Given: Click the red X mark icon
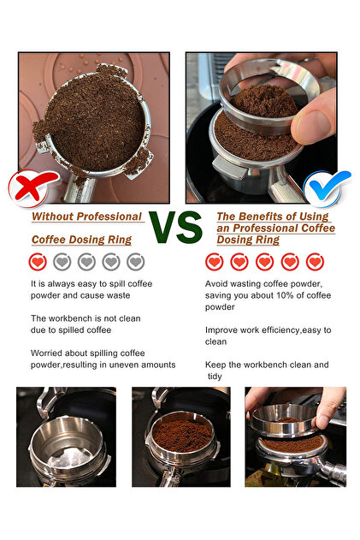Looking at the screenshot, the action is [x=32, y=187].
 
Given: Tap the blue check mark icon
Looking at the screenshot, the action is [x=327, y=187].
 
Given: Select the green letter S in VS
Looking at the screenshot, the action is [x=189, y=227].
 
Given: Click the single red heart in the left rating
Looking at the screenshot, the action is [x=38, y=262].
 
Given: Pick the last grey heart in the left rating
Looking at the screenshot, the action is [x=136, y=262].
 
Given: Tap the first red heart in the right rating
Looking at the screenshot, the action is [x=214, y=262].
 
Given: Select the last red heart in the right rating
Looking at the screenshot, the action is [x=315, y=262].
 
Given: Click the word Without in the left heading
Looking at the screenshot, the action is [x=52, y=217].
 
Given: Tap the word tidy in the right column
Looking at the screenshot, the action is [x=215, y=377].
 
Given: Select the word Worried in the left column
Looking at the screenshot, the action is [x=46, y=353].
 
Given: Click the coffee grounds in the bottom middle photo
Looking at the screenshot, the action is [x=182, y=433].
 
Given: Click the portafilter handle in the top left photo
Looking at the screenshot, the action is [x=80, y=189].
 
